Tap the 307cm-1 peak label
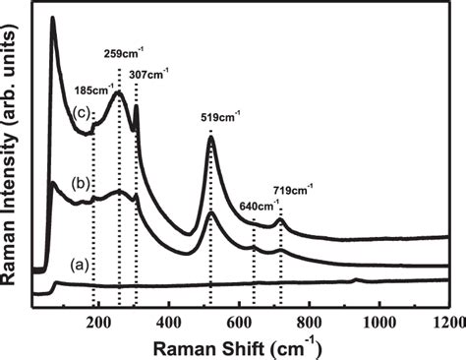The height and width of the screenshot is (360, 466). pos(150,72)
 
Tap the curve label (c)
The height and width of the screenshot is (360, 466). pos(83,110)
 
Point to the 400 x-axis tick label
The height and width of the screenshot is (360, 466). pos(168,318)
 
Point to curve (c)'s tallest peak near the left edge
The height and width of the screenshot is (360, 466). pos(52,19)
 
